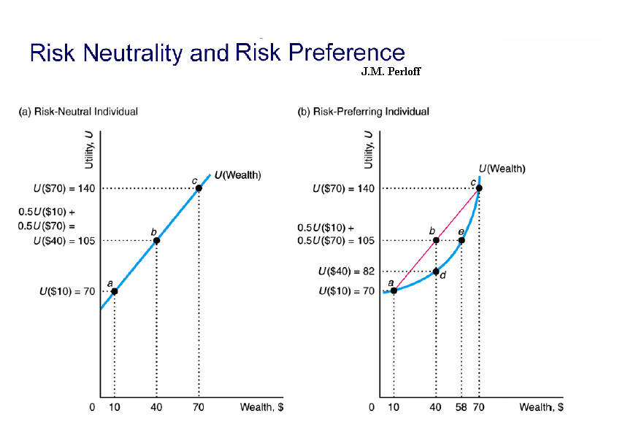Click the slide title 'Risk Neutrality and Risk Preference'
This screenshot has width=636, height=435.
[217, 53]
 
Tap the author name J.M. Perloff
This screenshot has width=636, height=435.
[391, 72]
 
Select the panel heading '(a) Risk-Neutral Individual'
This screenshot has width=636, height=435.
[77, 112]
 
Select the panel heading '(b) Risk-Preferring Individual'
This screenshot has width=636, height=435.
[363, 112]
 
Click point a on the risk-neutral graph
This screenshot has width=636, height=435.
[114, 292]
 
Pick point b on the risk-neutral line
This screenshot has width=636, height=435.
[156, 240]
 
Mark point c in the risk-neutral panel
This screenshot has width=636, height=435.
[199, 188]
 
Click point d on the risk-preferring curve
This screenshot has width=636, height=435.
[436, 272]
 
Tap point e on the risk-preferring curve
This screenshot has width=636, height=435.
[461, 240]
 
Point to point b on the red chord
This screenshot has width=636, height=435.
[436, 240]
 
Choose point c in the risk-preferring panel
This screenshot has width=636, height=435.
[479, 188]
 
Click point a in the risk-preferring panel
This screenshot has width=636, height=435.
[394, 290]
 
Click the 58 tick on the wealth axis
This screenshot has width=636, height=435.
[461, 407]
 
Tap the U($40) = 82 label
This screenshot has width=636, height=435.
[346, 272]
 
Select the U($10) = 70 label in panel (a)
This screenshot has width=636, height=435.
[66, 292]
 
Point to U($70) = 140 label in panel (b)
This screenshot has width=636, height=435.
[342, 189]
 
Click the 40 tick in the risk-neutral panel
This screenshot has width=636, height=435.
[156, 407]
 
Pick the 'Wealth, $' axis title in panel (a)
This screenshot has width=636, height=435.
[261, 407]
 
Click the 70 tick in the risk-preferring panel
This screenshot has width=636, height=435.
[480, 407]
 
